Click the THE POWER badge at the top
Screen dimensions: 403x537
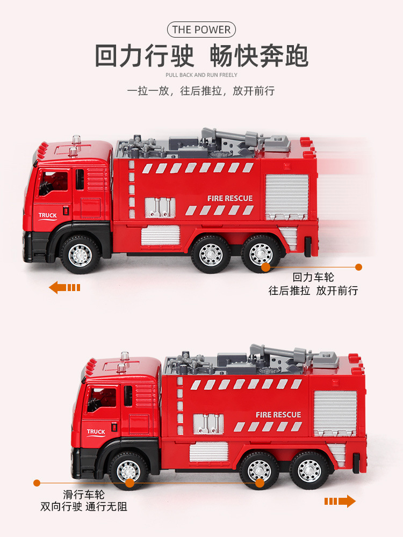[201, 30]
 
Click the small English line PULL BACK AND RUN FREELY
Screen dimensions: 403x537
[201, 75]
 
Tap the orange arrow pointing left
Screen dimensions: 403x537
[64, 287]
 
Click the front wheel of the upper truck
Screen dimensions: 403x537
[80, 255]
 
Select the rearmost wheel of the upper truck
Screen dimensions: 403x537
[261, 254]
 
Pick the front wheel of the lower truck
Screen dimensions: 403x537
[128, 471]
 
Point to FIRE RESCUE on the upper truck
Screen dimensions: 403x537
[230, 198]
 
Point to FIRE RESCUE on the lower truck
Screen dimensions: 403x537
[278, 415]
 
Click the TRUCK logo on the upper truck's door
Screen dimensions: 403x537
[48, 216]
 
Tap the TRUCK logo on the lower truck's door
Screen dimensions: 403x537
[96, 432]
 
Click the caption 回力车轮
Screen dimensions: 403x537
[313, 277]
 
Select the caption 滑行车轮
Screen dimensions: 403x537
[84, 494]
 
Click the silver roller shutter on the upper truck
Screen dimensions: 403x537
[287, 196]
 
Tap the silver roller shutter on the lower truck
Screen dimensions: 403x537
[335, 412]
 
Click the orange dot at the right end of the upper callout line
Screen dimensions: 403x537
[358, 267]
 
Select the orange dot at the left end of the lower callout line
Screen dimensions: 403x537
[37, 483]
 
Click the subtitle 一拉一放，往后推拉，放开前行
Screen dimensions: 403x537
[201, 91]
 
